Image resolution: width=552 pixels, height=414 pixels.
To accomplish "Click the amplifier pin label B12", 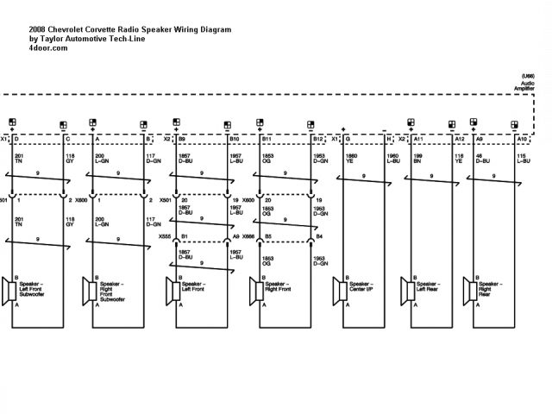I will (x=318, y=139).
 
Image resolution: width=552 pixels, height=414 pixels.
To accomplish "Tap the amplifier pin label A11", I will (x=418, y=139).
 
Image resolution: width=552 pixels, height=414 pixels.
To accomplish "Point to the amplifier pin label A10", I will (x=521, y=139).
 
